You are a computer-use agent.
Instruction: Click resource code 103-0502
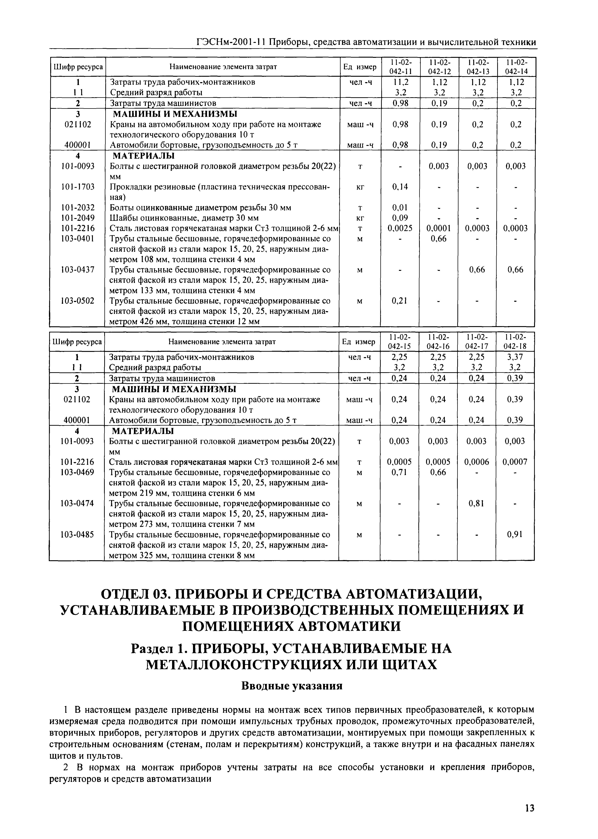pos(78,301)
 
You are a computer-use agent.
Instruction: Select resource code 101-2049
pos(78,218)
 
